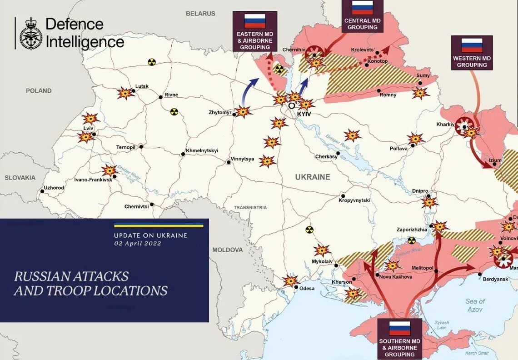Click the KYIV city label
[304, 114]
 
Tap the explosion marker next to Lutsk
[125, 93]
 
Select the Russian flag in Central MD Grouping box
[362, 8]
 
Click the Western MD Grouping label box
[472, 53]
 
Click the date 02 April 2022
[138, 244]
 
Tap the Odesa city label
[307, 289]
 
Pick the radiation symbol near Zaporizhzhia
[412, 240]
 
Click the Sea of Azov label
[475, 305]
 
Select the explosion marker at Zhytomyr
[243, 111]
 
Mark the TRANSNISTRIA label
[250, 207]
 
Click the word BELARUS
[200, 14]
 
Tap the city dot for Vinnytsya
[228, 161]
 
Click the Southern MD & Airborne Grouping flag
[399, 327]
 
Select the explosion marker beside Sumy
[420, 93]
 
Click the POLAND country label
[39, 91]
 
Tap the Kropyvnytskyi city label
[354, 200]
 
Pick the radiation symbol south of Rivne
[174, 112]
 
